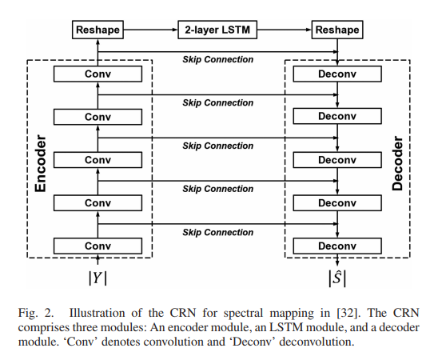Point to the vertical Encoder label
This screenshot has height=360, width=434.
41,158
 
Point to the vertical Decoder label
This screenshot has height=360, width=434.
397,158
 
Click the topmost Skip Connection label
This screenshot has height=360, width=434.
217,59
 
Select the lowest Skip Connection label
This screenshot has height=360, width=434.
217,232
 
